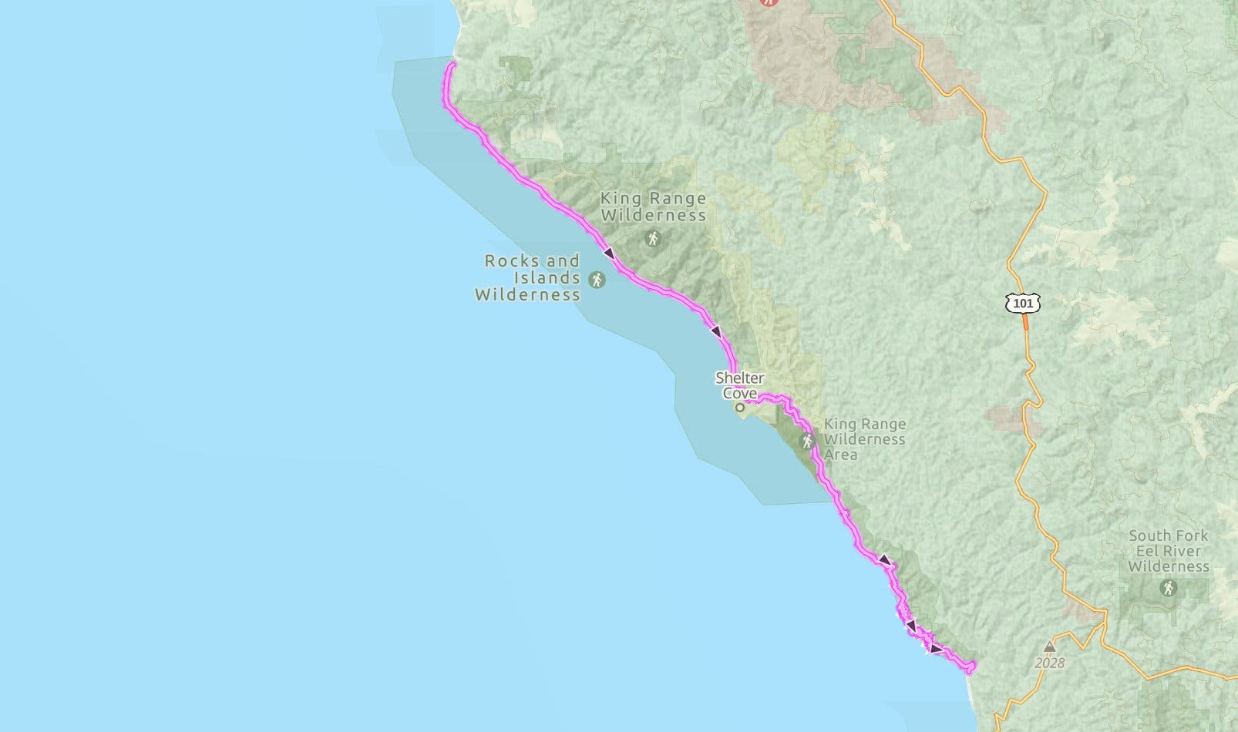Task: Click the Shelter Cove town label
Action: click(x=740, y=385)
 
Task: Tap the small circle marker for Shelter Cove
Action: click(x=740, y=407)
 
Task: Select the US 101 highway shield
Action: click(x=1023, y=303)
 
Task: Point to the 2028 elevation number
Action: click(x=1050, y=663)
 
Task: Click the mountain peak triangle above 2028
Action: click(x=1049, y=647)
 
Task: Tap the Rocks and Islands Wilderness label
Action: click(x=527, y=277)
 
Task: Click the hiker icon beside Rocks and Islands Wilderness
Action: click(x=597, y=279)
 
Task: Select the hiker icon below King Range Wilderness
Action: click(x=654, y=239)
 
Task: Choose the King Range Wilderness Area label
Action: click(x=864, y=439)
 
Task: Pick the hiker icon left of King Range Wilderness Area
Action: click(x=807, y=442)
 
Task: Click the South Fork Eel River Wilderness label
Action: click(x=1169, y=551)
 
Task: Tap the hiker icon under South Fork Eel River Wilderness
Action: click(x=1169, y=589)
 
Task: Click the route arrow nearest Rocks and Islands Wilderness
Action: click(x=609, y=253)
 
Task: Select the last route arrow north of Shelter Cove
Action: click(x=716, y=331)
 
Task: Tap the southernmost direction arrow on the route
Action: click(x=935, y=650)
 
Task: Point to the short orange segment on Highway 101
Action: click(x=1026, y=322)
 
